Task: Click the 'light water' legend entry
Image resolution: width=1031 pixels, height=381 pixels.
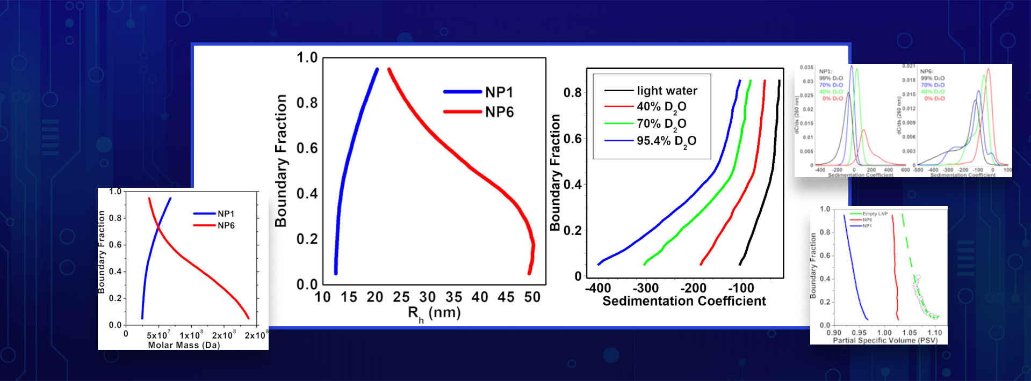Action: [x=667, y=91]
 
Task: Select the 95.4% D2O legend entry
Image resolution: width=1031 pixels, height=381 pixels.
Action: [x=666, y=141]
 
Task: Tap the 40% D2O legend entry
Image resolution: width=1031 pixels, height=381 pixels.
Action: [x=661, y=107]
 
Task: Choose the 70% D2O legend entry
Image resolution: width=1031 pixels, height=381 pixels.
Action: [x=661, y=124]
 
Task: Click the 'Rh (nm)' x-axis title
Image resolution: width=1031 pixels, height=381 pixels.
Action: [x=434, y=313]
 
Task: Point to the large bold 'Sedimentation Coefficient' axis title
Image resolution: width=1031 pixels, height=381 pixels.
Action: [x=684, y=301]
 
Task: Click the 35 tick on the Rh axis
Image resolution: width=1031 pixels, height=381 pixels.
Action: [x=453, y=297]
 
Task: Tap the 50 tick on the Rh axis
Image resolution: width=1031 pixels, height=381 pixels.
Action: [x=532, y=297]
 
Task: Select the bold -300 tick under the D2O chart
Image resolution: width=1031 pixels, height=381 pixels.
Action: [x=645, y=288]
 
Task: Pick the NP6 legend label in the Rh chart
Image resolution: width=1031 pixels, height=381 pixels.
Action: [x=499, y=112]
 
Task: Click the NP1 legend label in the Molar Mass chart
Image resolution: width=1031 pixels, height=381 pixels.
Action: [x=226, y=214]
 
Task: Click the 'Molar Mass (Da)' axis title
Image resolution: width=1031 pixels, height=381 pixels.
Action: [x=184, y=345]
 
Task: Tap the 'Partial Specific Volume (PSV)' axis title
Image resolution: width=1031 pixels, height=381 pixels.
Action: [x=885, y=340]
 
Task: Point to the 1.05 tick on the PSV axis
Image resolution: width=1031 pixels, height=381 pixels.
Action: [x=909, y=333]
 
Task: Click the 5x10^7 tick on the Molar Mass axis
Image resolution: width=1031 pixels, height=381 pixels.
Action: [x=158, y=336]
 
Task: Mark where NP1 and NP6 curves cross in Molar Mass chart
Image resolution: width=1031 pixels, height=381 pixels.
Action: [x=158, y=230]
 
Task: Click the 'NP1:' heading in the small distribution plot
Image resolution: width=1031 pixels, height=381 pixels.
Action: [x=825, y=71]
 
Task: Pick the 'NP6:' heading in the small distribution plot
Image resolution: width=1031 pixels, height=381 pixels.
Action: [x=926, y=71]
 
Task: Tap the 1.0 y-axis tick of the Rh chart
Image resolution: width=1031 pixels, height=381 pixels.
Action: [x=307, y=57]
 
